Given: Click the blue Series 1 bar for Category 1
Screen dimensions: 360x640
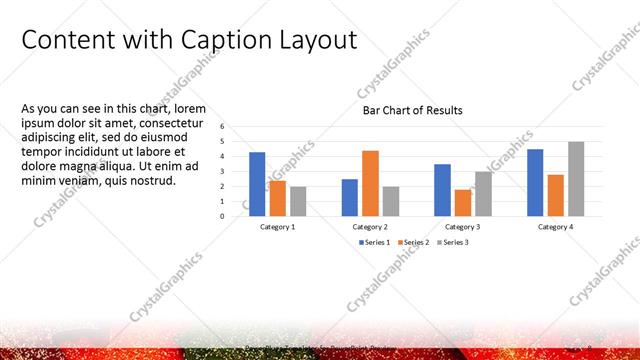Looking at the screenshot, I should [x=257, y=184].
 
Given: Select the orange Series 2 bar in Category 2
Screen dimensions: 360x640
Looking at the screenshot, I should [x=370, y=183].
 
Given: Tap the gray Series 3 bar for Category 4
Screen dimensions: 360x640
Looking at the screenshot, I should [x=575, y=179].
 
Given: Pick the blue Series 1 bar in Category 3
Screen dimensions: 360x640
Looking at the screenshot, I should [x=442, y=190].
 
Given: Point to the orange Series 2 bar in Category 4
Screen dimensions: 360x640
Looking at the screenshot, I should [x=555, y=195].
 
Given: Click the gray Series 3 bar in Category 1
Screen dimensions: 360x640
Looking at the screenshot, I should [x=298, y=201].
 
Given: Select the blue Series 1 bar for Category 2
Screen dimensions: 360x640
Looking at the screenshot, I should [x=349, y=197].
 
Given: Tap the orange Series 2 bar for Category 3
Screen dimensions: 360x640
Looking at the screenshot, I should [x=462, y=203].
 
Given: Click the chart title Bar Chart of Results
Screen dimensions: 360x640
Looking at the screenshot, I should [x=413, y=111].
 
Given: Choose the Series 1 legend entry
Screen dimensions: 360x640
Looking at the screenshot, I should [x=375, y=242].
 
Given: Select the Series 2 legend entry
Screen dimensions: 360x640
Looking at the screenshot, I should [x=414, y=242].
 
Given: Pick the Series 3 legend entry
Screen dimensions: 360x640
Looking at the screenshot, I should [x=453, y=242].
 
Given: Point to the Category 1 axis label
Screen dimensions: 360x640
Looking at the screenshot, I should [x=278, y=227].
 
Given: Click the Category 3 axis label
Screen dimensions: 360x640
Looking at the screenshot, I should [x=462, y=227].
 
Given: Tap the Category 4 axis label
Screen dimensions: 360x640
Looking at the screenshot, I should [x=555, y=227].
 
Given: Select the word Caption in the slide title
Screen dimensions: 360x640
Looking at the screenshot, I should [x=224, y=41].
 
